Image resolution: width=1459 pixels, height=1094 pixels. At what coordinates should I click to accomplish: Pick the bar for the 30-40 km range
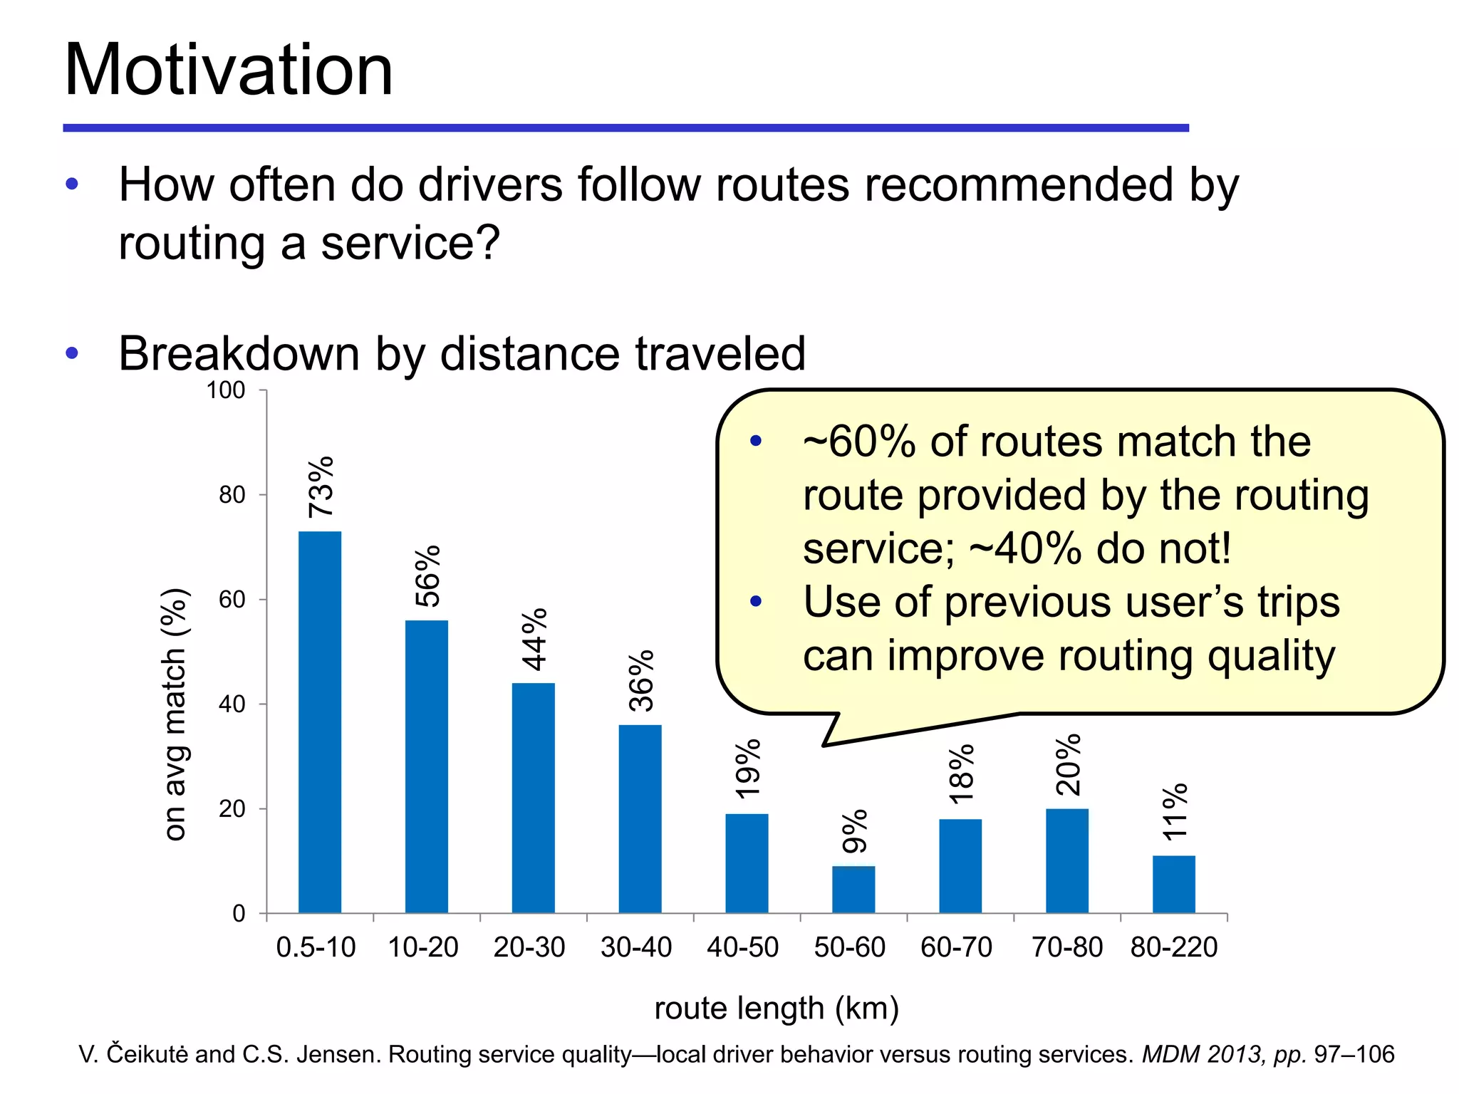[x=640, y=818]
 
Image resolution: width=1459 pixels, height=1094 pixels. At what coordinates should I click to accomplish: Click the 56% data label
[x=428, y=575]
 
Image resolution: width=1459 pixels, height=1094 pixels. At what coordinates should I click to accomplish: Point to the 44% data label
[x=534, y=639]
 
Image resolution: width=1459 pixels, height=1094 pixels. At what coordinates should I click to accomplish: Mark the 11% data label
[x=1174, y=811]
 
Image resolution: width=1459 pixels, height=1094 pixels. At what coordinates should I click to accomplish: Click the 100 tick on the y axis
[x=225, y=390]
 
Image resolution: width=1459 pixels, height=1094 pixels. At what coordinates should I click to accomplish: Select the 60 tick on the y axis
[x=232, y=600]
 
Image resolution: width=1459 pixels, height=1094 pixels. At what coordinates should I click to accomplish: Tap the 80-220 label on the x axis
[x=1173, y=947]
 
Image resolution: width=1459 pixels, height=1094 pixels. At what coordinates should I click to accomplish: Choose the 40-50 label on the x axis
[x=742, y=947]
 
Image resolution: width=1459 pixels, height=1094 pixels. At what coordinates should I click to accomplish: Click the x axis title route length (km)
[x=777, y=1009]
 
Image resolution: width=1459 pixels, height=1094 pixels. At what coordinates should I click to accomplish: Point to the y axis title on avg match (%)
[x=175, y=714]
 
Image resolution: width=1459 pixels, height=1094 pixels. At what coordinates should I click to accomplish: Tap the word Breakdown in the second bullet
[x=239, y=353]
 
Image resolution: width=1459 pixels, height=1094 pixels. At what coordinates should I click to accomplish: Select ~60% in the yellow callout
[x=858, y=442]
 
